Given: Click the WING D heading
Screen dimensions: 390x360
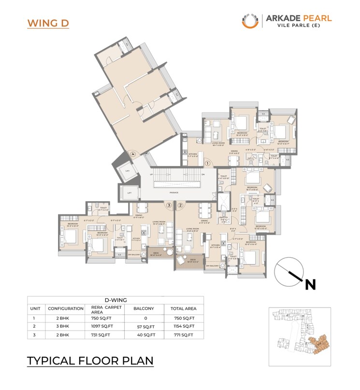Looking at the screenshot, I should click(48, 23).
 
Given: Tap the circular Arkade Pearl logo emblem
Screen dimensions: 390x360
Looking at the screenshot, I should click(250, 21).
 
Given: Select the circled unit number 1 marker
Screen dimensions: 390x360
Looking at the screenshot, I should click(207, 164).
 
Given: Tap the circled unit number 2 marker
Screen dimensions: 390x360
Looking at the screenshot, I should click(180, 205).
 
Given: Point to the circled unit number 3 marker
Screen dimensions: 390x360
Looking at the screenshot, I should click(168, 205).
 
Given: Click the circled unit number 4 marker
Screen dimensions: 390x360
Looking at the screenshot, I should click(133, 154).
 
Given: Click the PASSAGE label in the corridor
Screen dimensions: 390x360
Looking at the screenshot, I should click(174, 193).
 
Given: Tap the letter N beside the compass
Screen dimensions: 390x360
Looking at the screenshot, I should click(310, 285).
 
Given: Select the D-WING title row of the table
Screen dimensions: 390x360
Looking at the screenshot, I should click(115, 300).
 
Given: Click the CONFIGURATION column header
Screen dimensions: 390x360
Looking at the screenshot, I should click(65, 308).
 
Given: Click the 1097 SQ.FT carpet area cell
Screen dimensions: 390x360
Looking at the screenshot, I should click(102, 326).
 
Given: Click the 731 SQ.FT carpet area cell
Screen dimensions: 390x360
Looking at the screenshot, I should click(102, 334).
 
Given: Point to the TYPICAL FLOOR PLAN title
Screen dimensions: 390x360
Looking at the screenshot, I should click(90, 361).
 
